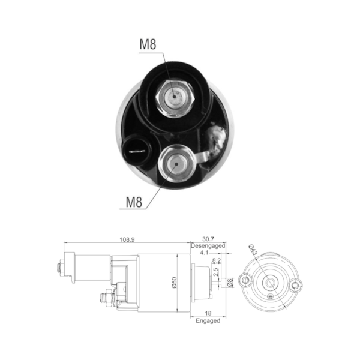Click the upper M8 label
coord(148,44)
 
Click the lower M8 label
coord(134,202)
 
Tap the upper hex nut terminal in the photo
coord(175,98)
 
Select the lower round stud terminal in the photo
coord(176,164)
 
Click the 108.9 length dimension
coord(127,239)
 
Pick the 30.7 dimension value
coord(208,239)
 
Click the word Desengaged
coord(208,245)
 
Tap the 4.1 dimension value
coord(204,253)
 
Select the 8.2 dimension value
coord(216,260)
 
